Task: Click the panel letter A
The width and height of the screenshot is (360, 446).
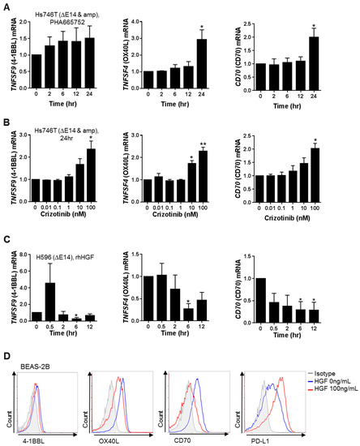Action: click(x=6, y=6)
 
